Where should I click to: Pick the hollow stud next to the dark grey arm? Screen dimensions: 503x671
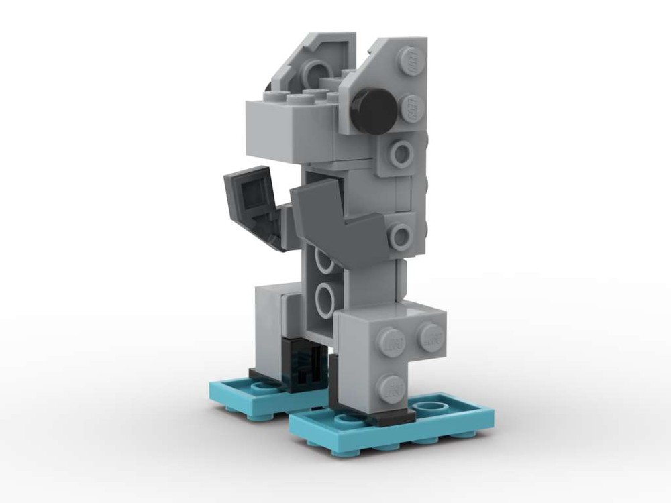tap(401, 235)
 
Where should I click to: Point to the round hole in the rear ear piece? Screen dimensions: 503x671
tap(316, 72)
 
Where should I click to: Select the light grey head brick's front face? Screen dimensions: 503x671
tap(295, 131)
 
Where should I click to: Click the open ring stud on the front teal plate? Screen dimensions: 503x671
tap(430, 407)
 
